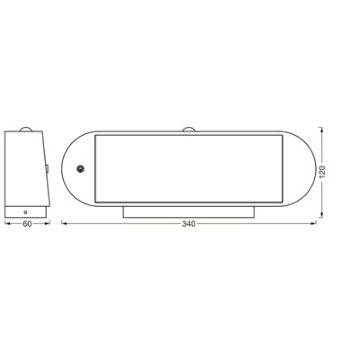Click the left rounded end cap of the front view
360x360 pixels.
[77, 168]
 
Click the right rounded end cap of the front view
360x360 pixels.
[302, 168]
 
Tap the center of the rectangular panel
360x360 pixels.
[190, 168]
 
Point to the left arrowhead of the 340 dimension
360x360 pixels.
[64, 220]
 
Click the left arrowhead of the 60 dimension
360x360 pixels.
[8, 220]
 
